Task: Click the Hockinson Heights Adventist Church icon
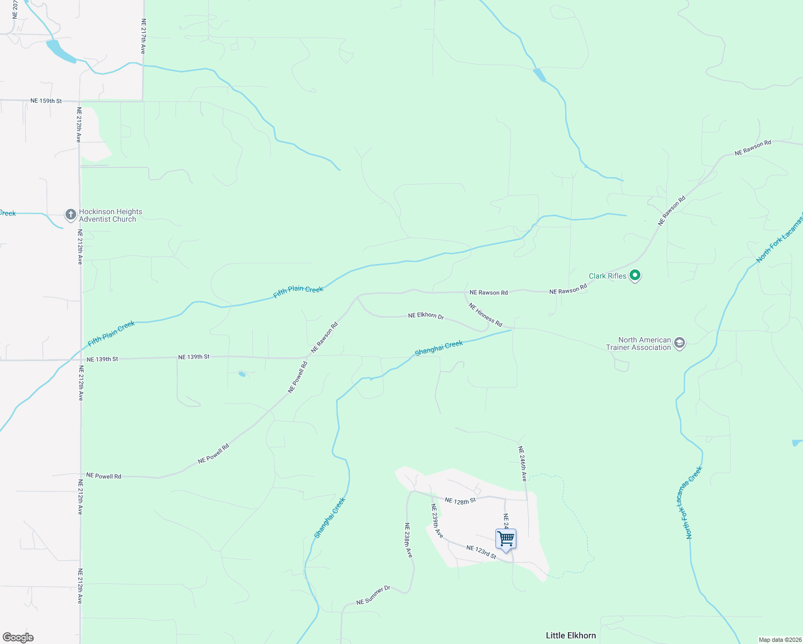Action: pos(70,215)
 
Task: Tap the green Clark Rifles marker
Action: pos(635,276)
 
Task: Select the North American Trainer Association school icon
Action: pos(680,343)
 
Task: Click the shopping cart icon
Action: pos(506,539)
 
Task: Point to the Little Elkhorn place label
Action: pos(571,635)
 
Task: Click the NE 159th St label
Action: pos(46,101)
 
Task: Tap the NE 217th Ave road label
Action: pos(143,36)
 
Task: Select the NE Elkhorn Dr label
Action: pos(426,316)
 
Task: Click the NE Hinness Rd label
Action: pos(485,315)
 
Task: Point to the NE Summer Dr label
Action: pos(373,596)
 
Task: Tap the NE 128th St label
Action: pos(460,501)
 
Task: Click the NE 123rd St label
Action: pos(481,552)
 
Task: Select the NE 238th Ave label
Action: pos(408,540)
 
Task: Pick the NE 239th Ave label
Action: pos(437,521)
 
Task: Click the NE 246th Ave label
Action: pos(522,464)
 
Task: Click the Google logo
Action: pos(18,638)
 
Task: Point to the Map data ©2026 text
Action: pos(780,640)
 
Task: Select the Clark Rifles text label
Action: pos(607,276)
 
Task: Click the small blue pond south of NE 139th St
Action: pos(242,374)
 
